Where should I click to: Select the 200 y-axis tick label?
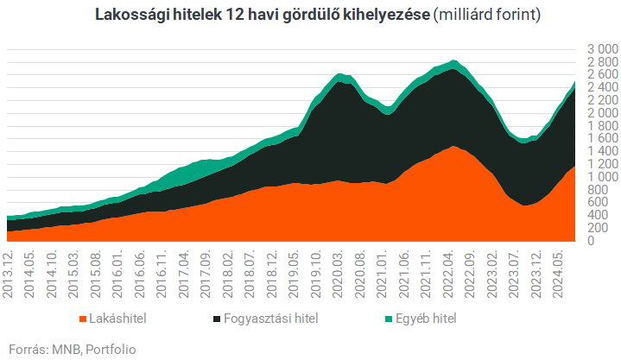pos(603,228)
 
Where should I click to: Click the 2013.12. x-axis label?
pos(7,273)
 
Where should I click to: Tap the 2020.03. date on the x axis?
pos(339,273)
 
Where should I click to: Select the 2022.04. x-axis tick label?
pos(449,273)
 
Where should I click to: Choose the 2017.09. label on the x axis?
pos(206,273)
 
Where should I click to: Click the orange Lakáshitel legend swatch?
pos(82,319)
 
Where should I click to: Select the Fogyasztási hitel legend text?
pos(270,319)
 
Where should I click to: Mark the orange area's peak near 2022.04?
pos(453,147)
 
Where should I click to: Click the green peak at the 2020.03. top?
pos(339,75)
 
